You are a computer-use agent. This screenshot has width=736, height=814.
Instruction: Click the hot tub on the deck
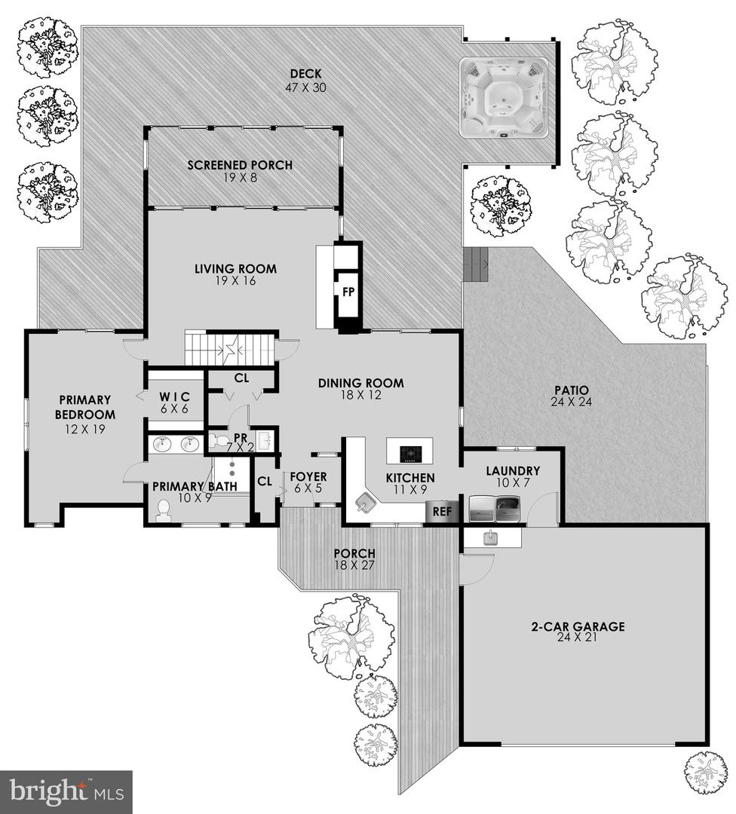pyautogui.click(x=504, y=98)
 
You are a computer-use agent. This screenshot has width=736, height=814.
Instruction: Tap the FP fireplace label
pyautogui.click(x=348, y=292)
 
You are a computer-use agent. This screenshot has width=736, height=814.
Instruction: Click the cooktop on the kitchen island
pyautogui.click(x=410, y=452)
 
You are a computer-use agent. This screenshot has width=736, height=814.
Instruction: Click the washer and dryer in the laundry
pyautogui.click(x=496, y=510)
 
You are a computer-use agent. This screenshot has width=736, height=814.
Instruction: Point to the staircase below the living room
pyautogui.click(x=231, y=350)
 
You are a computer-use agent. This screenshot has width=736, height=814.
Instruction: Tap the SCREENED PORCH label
pyautogui.click(x=240, y=165)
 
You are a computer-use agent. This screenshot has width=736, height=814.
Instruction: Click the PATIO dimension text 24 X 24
pyautogui.click(x=572, y=403)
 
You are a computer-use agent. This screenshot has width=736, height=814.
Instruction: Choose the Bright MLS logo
pyautogui.click(x=66, y=791)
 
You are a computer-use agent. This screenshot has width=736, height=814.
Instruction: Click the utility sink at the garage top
pyautogui.click(x=492, y=537)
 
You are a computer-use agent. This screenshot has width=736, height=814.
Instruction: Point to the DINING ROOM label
pyautogui.click(x=360, y=383)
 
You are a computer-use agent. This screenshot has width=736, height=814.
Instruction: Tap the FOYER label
pyautogui.click(x=308, y=477)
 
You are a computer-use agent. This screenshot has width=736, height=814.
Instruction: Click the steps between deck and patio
pyautogui.click(x=476, y=265)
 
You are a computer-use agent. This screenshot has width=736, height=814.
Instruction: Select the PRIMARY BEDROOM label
pyautogui.click(x=85, y=407)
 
